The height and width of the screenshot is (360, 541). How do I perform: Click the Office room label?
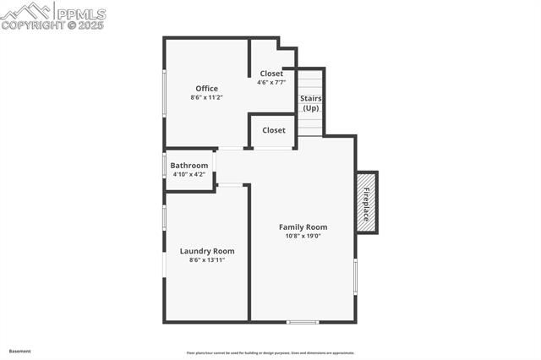(207, 89)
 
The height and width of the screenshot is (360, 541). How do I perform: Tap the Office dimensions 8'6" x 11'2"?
(206, 98)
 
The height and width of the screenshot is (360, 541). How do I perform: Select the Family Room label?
(303, 227)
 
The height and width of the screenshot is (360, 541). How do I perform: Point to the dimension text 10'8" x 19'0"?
(303, 236)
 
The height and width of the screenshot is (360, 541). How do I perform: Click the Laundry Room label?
(207, 251)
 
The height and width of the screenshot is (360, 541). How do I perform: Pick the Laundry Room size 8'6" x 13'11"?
(207, 260)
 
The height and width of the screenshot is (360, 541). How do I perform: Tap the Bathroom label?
(189, 166)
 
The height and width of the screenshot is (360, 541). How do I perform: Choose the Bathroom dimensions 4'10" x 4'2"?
(189, 174)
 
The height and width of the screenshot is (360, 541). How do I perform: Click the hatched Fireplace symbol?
(367, 203)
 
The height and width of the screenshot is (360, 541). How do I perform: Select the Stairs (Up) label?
(311, 103)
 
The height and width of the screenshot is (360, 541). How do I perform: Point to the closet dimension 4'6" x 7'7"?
(271, 83)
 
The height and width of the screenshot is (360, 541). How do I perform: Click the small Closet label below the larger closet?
(274, 130)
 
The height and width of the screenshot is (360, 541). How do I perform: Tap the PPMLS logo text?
(80, 14)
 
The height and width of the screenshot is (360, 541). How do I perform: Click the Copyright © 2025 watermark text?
(52, 25)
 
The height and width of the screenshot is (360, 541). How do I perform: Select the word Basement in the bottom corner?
(20, 351)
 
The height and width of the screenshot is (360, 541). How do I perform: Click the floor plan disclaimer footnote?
(270, 353)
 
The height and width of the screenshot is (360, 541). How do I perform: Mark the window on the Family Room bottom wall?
(303, 322)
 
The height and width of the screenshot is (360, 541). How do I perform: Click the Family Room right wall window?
(355, 276)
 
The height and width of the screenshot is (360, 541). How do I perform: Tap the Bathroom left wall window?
(164, 165)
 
